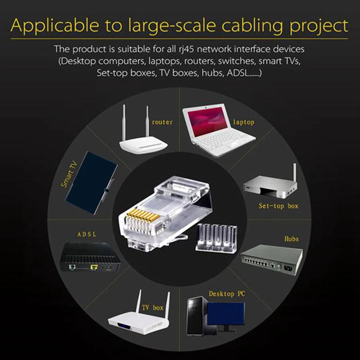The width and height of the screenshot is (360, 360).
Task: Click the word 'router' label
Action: click(162, 122)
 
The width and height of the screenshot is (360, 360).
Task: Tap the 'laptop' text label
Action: click(243, 122)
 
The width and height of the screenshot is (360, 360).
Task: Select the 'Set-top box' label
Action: click(278, 206)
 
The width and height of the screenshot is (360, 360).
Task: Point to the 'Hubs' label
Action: click(291, 238)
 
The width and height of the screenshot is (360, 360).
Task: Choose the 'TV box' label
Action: click(153, 308)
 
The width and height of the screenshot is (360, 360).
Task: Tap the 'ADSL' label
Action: click(87, 234)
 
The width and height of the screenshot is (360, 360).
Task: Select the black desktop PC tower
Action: click(196, 315)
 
